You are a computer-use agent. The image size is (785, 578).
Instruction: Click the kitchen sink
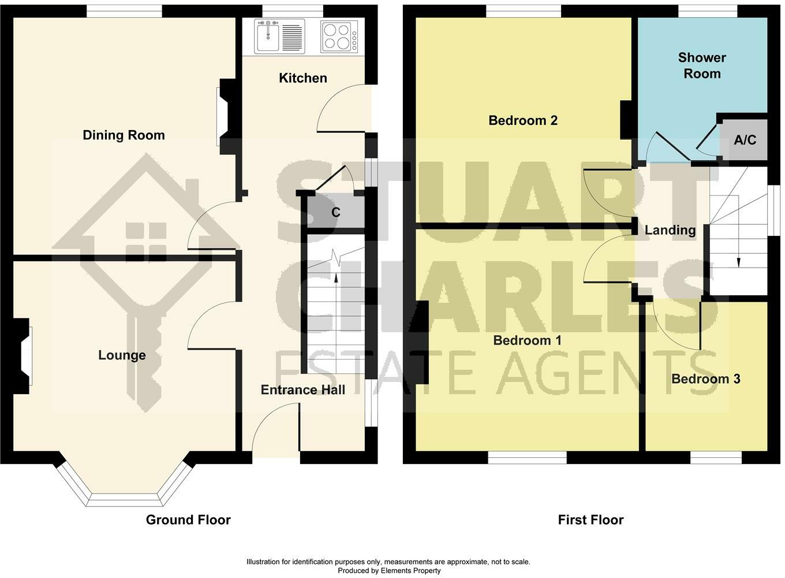pos(279,36)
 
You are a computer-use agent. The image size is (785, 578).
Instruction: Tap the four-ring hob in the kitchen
pos(339,36)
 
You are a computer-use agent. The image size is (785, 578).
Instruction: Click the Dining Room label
pos(124,135)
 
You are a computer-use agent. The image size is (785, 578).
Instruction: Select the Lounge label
pos(122,355)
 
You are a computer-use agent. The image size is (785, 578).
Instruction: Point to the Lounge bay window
pos(125,488)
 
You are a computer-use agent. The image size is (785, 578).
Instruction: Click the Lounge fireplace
pos(22,356)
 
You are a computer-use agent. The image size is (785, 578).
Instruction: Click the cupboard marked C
pos(336,212)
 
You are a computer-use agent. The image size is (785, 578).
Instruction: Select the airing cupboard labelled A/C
pos(745,140)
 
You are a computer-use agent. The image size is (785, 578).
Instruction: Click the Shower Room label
pos(702,66)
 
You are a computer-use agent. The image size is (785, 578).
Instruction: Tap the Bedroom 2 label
pos(523,121)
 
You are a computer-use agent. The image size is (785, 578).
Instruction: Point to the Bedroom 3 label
pos(706,379)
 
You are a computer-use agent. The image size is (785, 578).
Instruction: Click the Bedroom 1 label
pos(527,340)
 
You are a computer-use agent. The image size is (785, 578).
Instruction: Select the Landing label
pos(670,230)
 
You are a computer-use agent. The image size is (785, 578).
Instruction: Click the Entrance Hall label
pos(303,390)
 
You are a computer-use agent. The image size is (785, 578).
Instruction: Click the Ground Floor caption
pos(188,520)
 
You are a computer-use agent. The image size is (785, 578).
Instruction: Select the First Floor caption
pos(590,520)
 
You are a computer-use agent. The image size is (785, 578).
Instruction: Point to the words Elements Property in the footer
pos(410,570)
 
